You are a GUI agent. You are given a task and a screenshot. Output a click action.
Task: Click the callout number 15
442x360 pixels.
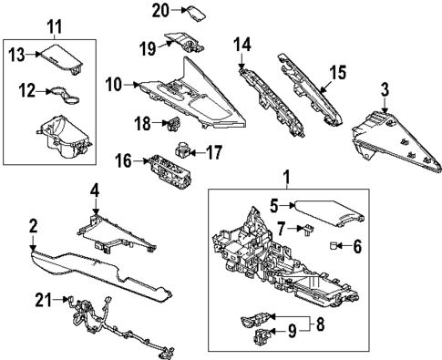pyautogui.click(x=336, y=70)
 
